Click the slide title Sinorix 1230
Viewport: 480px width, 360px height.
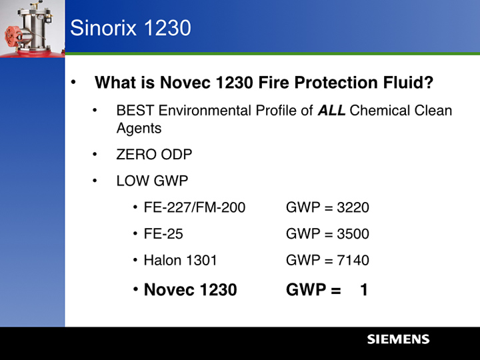click(x=131, y=28)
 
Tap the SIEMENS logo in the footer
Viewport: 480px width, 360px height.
click(x=398, y=339)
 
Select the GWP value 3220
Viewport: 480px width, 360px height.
click(x=353, y=208)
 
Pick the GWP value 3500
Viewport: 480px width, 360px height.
click(x=353, y=234)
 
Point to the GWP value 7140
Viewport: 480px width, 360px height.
click(x=353, y=261)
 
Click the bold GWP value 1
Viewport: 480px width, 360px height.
click(x=364, y=290)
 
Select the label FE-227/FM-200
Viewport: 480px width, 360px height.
click(x=194, y=208)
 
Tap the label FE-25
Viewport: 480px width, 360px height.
click(x=163, y=234)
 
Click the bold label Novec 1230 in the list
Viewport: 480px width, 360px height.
click(x=190, y=290)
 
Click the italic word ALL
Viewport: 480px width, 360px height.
click(x=331, y=111)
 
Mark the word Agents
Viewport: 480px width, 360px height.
click(x=139, y=128)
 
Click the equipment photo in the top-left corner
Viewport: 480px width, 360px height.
click(x=32, y=27)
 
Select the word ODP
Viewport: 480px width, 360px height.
click(x=176, y=155)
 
